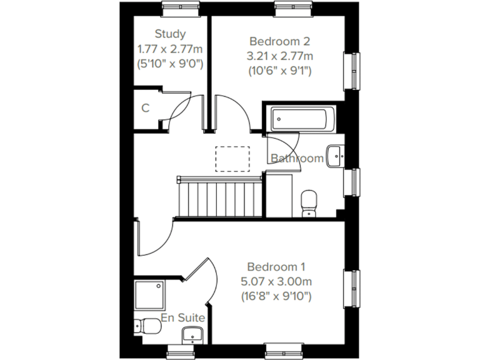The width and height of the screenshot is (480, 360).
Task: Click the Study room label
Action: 170,34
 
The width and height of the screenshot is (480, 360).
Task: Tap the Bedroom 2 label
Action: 279,41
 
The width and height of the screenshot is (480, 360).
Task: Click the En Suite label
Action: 183,318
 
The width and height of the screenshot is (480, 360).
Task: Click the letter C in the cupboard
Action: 145,108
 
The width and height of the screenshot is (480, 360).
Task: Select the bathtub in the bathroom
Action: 301,119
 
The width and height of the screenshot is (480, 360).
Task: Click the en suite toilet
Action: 149,326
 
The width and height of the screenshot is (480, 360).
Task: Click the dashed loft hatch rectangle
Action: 232,159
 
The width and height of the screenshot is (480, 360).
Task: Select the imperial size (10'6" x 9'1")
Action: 279,70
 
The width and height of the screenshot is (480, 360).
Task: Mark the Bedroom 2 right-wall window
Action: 354,71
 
